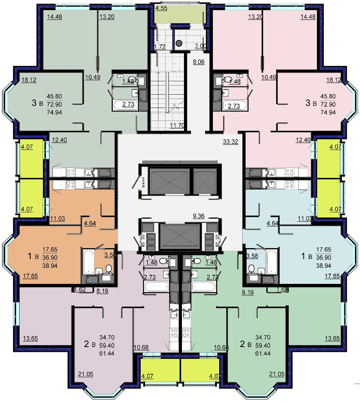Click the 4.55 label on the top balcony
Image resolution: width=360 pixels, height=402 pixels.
click(161, 8)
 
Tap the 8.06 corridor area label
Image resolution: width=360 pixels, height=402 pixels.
click(199, 62)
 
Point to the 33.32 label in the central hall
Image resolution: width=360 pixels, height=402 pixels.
click(231, 141)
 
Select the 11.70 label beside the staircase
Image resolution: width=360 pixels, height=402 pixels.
click(177, 125)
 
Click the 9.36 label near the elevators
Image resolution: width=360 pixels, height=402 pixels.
click(199, 216)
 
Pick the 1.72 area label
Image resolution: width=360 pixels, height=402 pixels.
click(160, 47)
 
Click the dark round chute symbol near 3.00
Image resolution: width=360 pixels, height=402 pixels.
click(179, 43)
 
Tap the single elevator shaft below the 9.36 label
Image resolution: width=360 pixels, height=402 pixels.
click(180, 236)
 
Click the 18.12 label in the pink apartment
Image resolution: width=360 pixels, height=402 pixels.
click(334, 80)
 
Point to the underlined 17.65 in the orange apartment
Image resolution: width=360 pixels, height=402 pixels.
click(30, 276)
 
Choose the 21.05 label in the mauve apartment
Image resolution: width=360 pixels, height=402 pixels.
click(85, 374)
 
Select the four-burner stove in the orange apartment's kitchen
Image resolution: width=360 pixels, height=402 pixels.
click(71, 184)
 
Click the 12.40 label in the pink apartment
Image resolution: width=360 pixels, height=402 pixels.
click(303, 140)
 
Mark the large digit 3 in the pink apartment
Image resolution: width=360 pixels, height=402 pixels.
click(308, 103)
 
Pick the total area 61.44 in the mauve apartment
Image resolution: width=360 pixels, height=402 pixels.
click(107, 353)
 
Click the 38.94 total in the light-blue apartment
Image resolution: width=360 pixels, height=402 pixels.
click(324, 266)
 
